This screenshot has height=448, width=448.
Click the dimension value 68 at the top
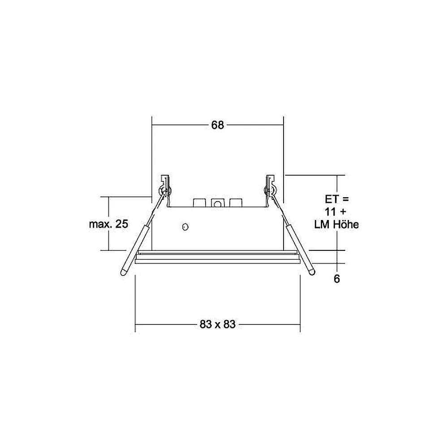[217, 125]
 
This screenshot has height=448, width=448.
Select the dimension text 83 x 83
[217, 324]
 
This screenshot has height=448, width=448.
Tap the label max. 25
[108, 224]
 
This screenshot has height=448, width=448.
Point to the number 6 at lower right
[337, 279]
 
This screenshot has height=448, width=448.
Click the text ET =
[337, 199]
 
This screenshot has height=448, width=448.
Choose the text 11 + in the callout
[335, 212]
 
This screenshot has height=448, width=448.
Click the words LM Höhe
[336, 224]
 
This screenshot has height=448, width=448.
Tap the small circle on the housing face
[185, 227]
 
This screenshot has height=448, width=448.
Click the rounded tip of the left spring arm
[124, 272]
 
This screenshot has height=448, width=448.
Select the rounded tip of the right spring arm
[312, 272]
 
